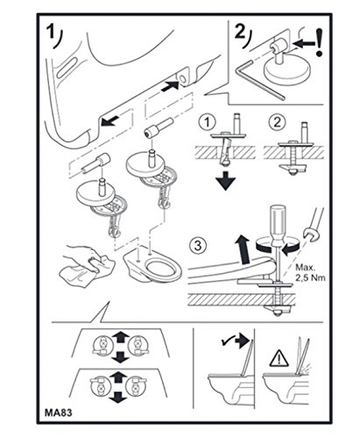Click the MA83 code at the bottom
(x=58, y=413)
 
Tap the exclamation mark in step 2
(x=321, y=42)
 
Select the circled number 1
(x=207, y=122)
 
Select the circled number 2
(x=277, y=122)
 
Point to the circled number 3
(x=198, y=245)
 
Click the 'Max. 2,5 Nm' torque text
(x=310, y=272)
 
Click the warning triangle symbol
(x=279, y=359)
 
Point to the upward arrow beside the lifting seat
(x=243, y=248)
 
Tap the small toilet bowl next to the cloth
(x=152, y=265)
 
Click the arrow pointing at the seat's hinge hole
(x=170, y=85)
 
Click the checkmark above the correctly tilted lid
(x=227, y=342)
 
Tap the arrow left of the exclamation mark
(x=304, y=43)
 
